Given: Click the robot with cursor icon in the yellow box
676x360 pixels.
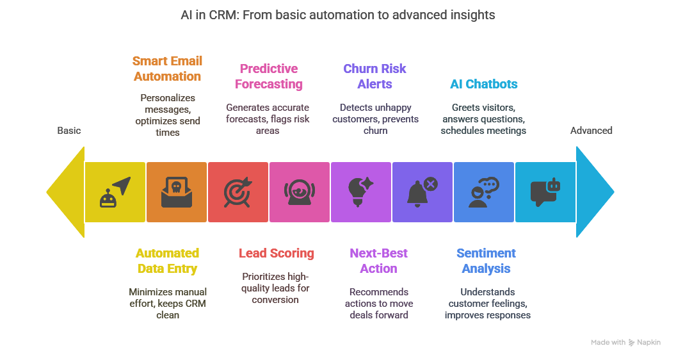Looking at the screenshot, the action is click(115, 192).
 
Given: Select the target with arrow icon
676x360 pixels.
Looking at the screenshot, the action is click(238, 192).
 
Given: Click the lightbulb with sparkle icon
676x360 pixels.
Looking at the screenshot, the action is click(360, 192).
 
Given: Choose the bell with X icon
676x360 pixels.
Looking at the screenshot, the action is click(422, 192).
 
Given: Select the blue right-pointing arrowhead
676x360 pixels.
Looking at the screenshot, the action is click(595, 192).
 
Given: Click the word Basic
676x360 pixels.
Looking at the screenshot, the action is click(69, 131).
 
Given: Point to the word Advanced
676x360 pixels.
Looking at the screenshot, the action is click(591, 131).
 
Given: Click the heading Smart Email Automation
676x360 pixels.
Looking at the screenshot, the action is click(167, 69).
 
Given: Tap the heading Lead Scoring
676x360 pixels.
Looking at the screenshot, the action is click(277, 253).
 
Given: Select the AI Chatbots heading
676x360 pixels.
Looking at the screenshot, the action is click(484, 84).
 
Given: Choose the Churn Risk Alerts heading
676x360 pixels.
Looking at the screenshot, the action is click(375, 76).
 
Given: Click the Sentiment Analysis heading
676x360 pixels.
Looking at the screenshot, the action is click(487, 261).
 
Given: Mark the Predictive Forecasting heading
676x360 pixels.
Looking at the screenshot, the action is click(269, 76).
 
